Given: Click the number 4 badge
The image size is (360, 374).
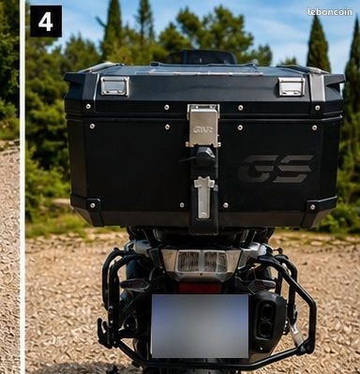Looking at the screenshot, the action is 46,22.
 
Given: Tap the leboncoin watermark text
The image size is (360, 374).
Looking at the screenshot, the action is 330,12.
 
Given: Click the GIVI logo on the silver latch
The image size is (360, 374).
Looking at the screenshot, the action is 203,129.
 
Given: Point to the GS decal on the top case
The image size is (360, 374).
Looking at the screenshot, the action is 277,169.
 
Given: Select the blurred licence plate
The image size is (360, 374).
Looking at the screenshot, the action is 200,326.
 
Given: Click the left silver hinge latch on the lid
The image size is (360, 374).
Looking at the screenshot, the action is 114,85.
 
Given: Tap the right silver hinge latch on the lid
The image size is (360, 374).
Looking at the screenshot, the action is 292,86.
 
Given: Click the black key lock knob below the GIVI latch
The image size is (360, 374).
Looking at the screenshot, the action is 204,157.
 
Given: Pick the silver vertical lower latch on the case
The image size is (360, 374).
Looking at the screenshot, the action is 203,197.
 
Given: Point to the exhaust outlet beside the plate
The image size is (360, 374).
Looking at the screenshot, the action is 266,321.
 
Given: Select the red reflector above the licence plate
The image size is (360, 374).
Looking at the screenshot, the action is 200,288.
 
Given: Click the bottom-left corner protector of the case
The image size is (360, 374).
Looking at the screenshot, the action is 88,208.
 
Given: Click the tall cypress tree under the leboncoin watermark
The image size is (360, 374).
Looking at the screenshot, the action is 318,44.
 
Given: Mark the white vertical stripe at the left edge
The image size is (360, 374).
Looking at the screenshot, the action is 22,187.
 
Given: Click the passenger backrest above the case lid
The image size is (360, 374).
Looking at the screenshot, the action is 202,57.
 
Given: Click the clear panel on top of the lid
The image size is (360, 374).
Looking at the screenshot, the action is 198,70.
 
